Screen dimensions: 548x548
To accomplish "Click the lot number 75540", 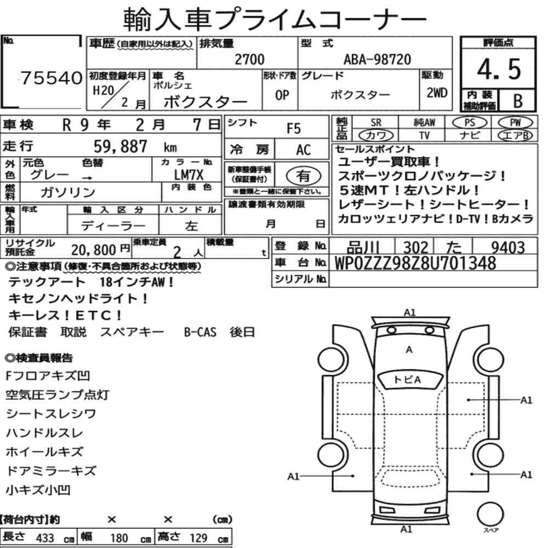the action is pyautogui.click(x=52, y=78).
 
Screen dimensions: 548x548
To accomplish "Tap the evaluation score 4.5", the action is pyautogui.click(x=499, y=69).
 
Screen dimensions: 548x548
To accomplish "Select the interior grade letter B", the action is pyautogui.click(x=518, y=101).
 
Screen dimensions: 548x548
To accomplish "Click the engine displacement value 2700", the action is pyautogui.click(x=249, y=59).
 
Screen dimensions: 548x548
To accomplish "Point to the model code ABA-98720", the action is pyautogui.click(x=377, y=59).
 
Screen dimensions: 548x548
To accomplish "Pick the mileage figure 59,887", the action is pyautogui.click(x=121, y=146).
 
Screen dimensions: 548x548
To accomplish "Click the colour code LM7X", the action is pyautogui.click(x=189, y=175).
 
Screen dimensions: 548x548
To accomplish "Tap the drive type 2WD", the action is pyautogui.click(x=437, y=93).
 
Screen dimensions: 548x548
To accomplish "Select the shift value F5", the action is pyautogui.click(x=294, y=129).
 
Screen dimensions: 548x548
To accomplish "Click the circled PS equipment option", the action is pyautogui.click(x=470, y=123).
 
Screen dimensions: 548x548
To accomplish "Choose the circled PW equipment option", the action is pyautogui.click(x=515, y=123).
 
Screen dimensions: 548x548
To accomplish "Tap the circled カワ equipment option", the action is pyautogui.click(x=376, y=135).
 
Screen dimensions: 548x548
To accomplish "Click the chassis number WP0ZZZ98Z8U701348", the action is pyautogui.click(x=415, y=263).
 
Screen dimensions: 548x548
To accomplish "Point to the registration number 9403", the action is pyautogui.click(x=508, y=248).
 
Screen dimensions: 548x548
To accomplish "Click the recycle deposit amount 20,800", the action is pyautogui.click(x=94, y=250).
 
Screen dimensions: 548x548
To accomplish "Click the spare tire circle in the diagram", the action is pyautogui.click(x=490, y=515).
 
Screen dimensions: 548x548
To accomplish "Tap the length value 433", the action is pyautogui.click(x=45, y=538).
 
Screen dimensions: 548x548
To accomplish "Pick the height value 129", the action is pyautogui.click(x=198, y=538).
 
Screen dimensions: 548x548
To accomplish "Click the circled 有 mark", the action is pyautogui.click(x=304, y=175).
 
